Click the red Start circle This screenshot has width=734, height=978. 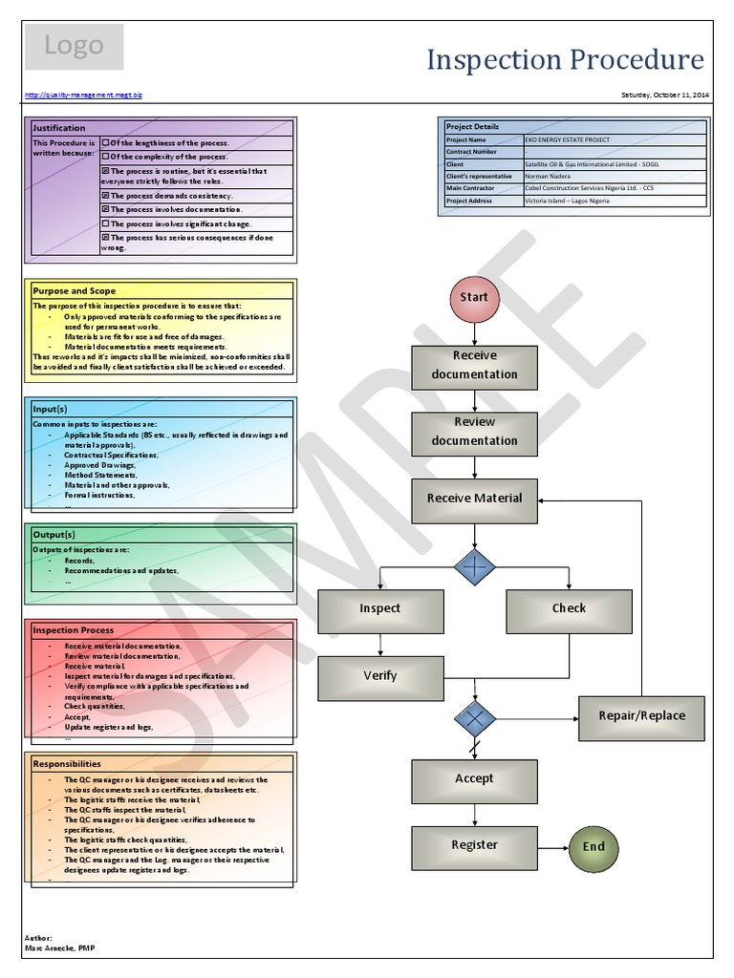click(474, 297)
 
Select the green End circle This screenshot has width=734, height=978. click(594, 846)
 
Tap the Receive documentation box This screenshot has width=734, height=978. click(474, 366)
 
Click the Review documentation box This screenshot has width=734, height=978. click(474, 432)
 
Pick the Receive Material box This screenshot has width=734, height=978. click(474, 499)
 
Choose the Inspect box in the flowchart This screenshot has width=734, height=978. click(379, 609)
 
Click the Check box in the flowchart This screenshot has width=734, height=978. click(569, 609)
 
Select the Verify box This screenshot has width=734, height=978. click(379, 676)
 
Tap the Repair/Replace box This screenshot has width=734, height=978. click(641, 716)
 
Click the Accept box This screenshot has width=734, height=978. click(474, 779)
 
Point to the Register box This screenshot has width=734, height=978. click(474, 845)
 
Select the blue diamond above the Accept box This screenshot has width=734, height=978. click(475, 716)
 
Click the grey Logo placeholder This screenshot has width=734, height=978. click(74, 47)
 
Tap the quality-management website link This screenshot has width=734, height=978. click(83, 95)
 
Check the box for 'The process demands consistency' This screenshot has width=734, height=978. click(106, 195)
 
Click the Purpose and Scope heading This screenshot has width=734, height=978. click(75, 290)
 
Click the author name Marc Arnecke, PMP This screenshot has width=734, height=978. click(59, 947)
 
